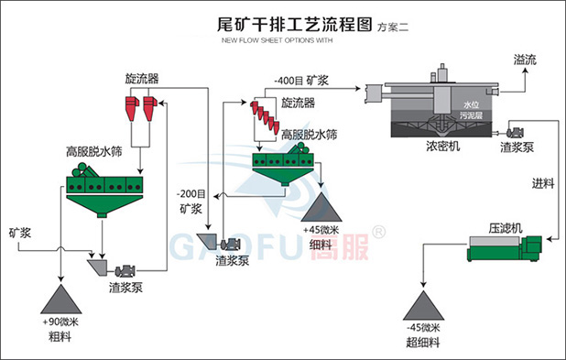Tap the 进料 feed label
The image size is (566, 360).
(x=543, y=182)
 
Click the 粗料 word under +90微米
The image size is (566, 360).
(x=60, y=337)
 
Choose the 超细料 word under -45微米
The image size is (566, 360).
(x=423, y=342)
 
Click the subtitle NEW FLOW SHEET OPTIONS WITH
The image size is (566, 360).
(x=278, y=41)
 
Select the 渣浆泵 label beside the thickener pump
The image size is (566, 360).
(x=517, y=146)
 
